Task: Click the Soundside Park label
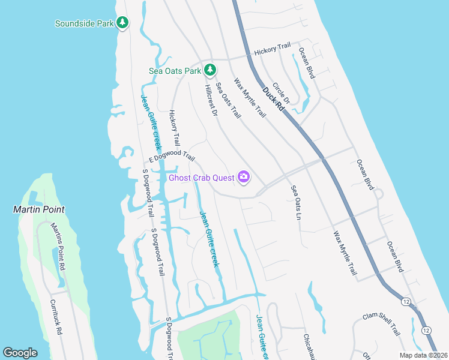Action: coord(84,24)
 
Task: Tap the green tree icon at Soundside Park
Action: coord(123,23)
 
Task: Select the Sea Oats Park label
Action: coord(175,71)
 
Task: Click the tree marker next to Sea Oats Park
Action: coord(209,70)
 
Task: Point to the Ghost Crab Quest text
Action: coord(202,177)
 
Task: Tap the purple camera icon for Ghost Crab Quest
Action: coord(244,176)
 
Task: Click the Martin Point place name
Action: coord(39,209)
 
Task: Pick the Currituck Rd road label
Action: coord(58,318)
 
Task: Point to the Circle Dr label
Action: coord(281,94)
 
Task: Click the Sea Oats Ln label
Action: coord(295,202)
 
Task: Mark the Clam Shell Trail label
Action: coord(381,323)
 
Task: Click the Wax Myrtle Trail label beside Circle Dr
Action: coord(250,97)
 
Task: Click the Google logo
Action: coord(20,353)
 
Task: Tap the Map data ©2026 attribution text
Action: coord(423,355)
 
